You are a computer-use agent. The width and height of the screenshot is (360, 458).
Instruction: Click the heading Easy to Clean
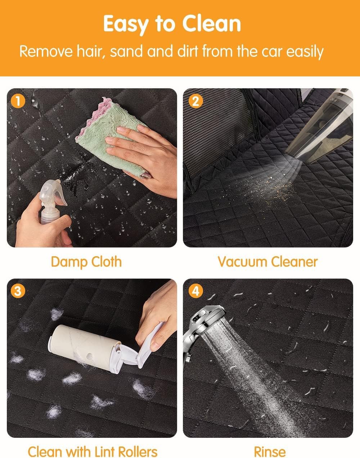coord(172,24)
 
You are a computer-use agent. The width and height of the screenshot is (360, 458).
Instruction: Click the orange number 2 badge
coord(195,101)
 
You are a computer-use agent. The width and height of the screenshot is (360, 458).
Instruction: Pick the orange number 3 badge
coord(18,291)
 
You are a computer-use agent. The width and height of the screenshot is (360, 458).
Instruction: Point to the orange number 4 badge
coord(195,291)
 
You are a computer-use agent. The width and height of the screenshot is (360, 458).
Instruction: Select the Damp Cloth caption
coord(86,262)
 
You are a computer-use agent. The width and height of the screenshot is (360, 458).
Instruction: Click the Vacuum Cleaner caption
coord(268,261)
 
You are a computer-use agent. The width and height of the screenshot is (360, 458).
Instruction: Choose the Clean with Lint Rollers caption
coord(93,451)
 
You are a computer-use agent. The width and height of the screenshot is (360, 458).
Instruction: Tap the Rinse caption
coord(270,451)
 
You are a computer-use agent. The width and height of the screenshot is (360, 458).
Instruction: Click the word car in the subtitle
coord(272,52)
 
